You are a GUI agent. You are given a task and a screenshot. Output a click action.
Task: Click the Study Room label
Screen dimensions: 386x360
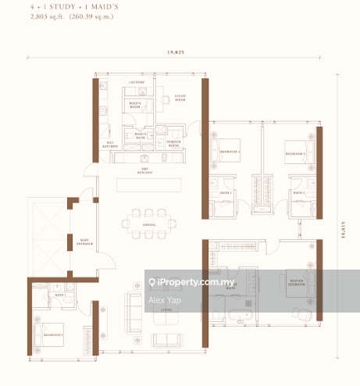180,98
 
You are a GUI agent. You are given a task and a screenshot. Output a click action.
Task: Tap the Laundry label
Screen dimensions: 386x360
136,81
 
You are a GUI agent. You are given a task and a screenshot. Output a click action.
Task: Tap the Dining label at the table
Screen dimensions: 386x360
148,225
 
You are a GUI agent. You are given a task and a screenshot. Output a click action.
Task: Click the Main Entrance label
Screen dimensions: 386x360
84,243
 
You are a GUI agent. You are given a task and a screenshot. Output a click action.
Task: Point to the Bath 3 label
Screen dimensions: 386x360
226,191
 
